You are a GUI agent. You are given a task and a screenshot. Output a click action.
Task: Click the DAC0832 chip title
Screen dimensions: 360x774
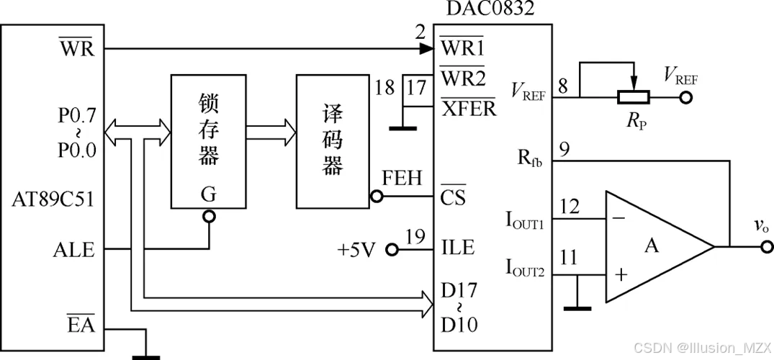(492, 9)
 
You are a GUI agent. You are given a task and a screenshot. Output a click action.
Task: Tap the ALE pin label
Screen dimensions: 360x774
(73, 250)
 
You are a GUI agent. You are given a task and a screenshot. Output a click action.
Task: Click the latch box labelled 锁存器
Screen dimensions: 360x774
(207, 140)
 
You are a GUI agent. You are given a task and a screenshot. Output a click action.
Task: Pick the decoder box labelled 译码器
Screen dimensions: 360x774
(332, 140)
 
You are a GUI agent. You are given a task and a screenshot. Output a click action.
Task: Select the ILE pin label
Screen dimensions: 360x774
(457, 248)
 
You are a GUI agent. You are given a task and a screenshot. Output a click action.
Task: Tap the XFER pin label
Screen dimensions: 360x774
(468, 108)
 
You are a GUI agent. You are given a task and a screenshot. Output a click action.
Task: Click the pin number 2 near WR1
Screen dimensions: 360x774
(420, 32)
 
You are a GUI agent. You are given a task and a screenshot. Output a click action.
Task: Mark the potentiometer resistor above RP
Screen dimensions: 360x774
(634, 96)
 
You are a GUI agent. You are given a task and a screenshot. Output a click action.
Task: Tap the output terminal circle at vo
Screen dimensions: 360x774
(765, 247)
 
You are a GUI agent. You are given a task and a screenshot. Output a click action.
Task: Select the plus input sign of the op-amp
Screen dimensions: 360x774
(619, 275)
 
